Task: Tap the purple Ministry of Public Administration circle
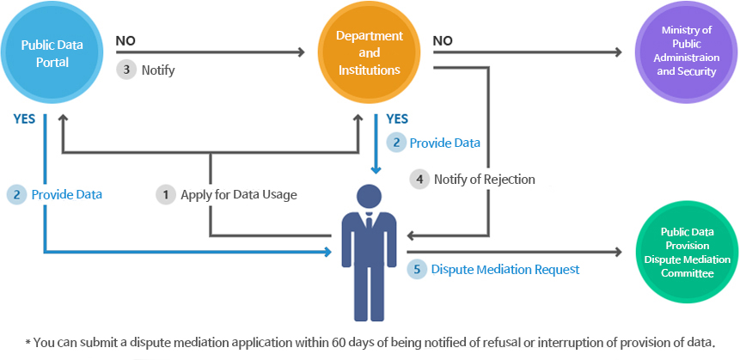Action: click(686, 52)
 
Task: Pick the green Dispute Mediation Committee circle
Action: click(687, 253)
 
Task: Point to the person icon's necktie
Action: click(368, 226)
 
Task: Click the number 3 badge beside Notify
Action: click(126, 70)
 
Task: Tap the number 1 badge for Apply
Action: click(165, 194)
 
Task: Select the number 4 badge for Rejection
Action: click(419, 180)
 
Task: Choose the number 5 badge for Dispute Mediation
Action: click(417, 269)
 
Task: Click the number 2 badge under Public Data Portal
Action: click(16, 194)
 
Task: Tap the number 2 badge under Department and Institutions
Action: click(395, 143)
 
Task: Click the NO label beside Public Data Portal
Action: click(125, 40)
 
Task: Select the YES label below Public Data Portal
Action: click(24, 119)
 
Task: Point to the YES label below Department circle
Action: click(397, 119)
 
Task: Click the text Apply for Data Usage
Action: click(239, 195)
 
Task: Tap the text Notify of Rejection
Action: click(484, 180)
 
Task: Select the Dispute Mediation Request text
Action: click(505, 269)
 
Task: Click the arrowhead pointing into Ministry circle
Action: click(618, 52)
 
